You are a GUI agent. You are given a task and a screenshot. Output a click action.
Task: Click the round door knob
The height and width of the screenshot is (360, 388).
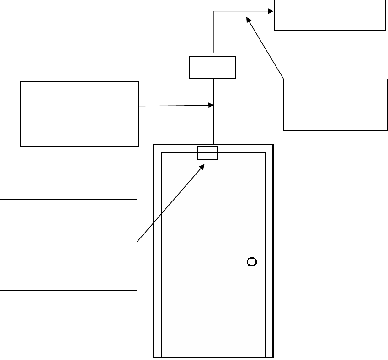pos(251,262)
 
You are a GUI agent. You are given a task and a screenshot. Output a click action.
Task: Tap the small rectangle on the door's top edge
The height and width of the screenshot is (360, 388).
pos(207,153)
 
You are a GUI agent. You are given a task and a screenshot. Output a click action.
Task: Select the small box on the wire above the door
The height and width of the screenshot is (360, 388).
pos(213,68)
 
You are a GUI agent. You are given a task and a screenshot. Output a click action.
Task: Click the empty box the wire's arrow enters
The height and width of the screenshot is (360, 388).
pos(330,16)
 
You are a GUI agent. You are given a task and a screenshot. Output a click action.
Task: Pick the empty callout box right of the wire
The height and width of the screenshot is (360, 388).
pos(335,105)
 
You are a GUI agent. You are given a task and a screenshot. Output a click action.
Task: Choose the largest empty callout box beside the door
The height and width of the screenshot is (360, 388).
pos(69,244)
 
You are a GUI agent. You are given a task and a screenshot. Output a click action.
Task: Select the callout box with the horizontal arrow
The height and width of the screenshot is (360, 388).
pos(79,114)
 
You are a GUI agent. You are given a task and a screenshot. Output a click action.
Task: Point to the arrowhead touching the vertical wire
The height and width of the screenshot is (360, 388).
pos(212,105)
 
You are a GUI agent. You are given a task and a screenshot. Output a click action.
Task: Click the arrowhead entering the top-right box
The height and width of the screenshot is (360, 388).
pos(271,10)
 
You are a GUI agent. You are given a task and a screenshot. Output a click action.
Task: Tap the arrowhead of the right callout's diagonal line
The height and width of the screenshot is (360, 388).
pos(248,19)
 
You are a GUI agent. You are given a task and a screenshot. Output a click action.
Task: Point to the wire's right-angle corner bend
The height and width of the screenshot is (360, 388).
pos(214,10)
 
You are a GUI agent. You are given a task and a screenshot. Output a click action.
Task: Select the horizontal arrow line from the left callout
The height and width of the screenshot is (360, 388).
pos(176,106)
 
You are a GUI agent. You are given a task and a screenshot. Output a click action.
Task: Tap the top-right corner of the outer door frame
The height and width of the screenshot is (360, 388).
pos(273,145)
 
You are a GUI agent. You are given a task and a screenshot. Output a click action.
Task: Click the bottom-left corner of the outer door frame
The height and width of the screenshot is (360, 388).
pos(154,357)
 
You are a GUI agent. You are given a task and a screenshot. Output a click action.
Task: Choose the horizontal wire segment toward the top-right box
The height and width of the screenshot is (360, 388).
pos(242,10)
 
